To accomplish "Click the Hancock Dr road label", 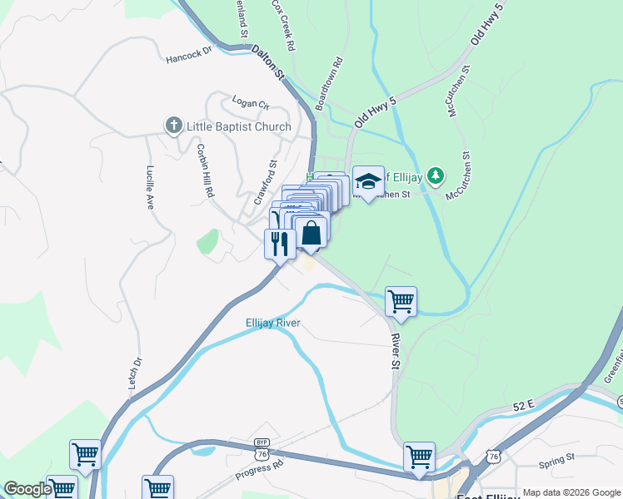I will coord(190,54).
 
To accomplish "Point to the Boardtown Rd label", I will coord(329,84).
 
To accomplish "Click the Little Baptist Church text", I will coord(238,126).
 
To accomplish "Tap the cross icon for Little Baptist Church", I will coord(174,126).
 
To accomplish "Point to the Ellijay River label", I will coord(273,323).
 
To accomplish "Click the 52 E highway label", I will coord(523,405).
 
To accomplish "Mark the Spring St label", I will coord(558,457).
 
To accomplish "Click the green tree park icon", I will coord(434,175).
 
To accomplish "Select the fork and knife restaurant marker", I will coord(279,243).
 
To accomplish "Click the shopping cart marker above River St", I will coord(401,301).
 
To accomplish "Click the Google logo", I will coord(27,489).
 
